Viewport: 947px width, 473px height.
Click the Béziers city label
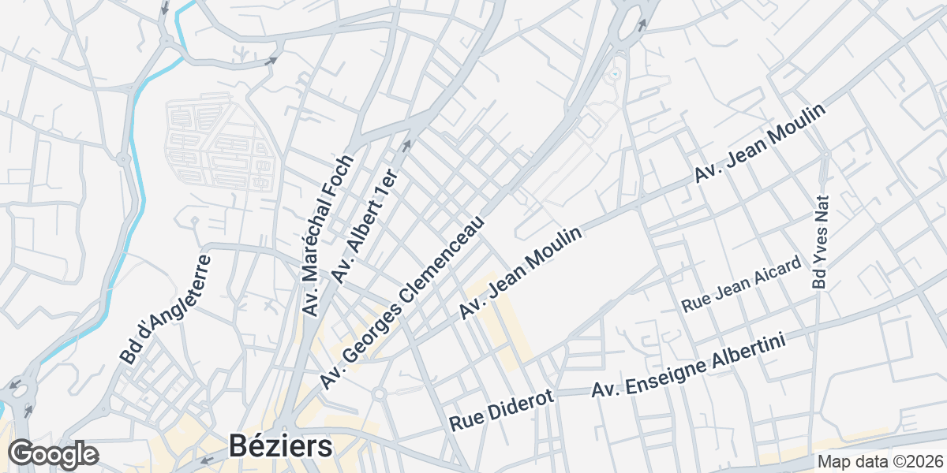tap(281, 446)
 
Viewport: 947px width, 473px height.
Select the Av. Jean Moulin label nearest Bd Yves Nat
tap(759, 144)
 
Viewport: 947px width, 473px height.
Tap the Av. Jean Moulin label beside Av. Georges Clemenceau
tap(522, 274)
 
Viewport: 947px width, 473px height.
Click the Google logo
tap(53, 454)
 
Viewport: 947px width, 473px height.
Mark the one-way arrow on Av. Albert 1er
tap(407, 145)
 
